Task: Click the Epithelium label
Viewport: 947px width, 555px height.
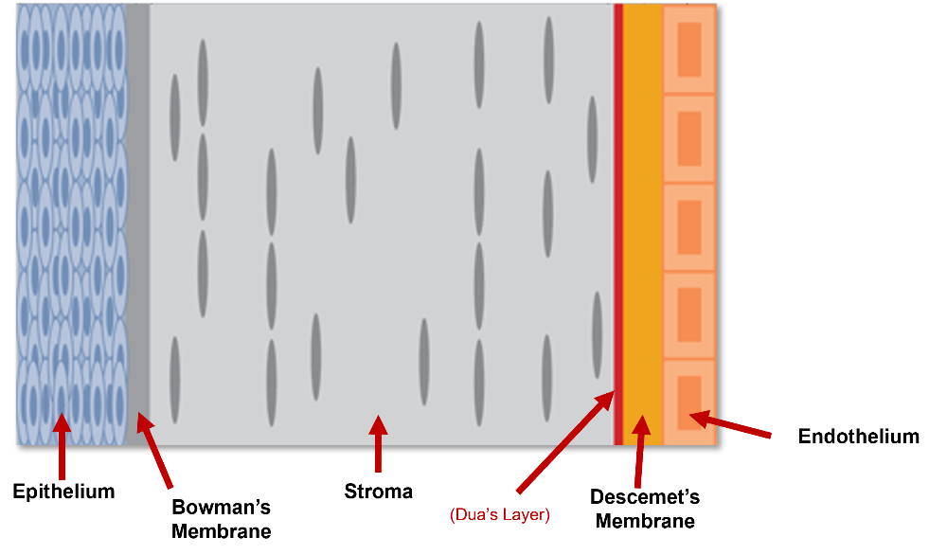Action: coord(64,492)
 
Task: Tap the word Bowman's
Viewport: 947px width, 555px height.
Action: coord(221,507)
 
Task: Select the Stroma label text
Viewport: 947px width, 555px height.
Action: coord(379,491)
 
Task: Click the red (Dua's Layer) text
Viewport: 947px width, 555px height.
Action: coord(500,514)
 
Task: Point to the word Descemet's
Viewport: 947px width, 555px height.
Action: coord(645,496)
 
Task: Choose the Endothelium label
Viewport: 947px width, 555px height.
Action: coord(859,436)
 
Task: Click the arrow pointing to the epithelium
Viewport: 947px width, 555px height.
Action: coord(62,446)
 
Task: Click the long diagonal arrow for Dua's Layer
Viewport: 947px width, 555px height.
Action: coord(565,441)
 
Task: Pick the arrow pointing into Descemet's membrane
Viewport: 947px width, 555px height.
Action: coord(640,451)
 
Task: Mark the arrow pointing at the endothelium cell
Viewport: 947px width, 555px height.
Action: coord(729,423)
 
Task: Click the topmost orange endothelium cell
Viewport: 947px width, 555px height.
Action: coord(689,49)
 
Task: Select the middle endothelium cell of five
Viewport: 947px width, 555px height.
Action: coord(689,227)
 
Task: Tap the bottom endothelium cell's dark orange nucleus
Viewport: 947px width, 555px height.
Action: coord(689,403)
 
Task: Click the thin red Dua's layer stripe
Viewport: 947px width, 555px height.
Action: coord(617,224)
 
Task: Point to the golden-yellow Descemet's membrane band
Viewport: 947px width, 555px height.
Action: coord(643,224)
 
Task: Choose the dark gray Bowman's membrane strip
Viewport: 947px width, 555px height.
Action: coord(137,224)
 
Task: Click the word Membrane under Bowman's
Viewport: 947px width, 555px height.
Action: coord(221,530)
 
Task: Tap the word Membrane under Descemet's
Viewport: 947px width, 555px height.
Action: coord(645,521)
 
